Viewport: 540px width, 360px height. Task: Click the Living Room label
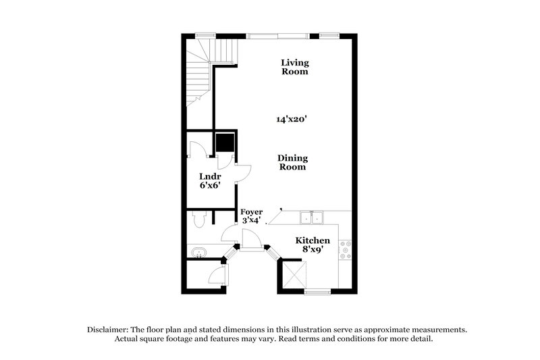coord(295,67)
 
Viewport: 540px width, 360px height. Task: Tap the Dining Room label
coord(292,163)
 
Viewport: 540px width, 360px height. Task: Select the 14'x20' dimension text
coord(292,119)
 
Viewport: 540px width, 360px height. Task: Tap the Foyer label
coord(252,211)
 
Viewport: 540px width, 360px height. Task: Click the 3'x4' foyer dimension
coord(252,220)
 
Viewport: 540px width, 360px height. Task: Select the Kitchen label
coord(313,240)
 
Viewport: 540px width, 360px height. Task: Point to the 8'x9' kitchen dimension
coord(313,250)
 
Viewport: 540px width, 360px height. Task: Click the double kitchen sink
coord(312,217)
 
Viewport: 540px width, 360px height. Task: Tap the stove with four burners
coord(346,250)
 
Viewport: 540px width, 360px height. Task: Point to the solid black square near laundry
coord(225,143)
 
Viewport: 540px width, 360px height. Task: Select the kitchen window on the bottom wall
coord(317,292)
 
